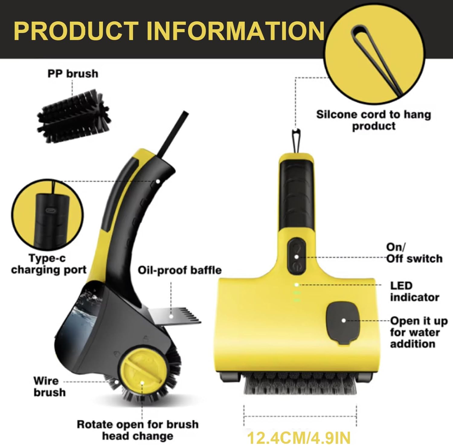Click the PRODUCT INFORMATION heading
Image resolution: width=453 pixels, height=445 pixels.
(x=169, y=31)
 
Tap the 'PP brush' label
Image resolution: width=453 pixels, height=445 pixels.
(x=73, y=74)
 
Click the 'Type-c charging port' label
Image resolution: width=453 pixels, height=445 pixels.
(x=49, y=264)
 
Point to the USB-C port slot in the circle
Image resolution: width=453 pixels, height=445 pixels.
(x=49, y=210)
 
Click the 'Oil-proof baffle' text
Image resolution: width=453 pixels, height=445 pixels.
(x=179, y=270)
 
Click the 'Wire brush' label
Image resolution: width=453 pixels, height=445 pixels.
(x=49, y=386)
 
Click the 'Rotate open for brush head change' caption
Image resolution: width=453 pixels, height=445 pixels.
(x=138, y=430)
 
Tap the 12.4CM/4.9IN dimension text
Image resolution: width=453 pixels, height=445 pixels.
(x=299, y=437)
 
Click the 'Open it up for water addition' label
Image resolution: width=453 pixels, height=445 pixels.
(x=418, y=332)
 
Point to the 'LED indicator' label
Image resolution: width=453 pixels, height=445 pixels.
(x=414, y=291)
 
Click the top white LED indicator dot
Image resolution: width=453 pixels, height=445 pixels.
(x=297, y=284)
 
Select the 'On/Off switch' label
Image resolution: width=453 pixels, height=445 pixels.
(x=414, y=253)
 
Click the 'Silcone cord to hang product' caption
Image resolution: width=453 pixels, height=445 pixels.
(x=374, y=120)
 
